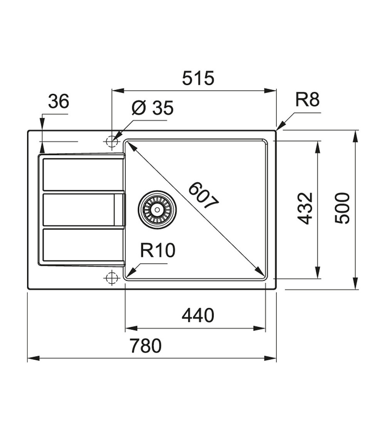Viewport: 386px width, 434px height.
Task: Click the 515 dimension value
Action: point(198,78)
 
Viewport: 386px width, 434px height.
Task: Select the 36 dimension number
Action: point(59,101)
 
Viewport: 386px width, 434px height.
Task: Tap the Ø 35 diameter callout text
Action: point(152,108)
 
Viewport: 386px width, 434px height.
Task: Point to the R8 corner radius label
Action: point(307,100)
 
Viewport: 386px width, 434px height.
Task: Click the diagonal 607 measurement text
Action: point(204,195)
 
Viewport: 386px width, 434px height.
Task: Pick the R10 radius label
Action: point(157,251)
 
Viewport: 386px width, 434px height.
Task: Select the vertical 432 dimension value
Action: point(305,208)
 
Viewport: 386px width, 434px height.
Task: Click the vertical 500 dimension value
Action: point(342,208)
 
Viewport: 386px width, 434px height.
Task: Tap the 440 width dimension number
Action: point(198,316)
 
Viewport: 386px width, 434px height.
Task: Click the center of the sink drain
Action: point(157,209)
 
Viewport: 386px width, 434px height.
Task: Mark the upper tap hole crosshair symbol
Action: point(112,142)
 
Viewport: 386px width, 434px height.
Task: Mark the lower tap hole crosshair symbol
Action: point(112,277)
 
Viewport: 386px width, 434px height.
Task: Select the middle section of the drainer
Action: point(79,210)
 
